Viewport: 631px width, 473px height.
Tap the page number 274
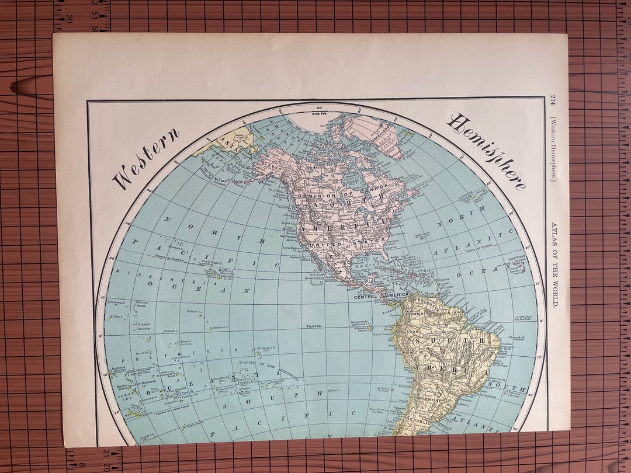pos(553,105)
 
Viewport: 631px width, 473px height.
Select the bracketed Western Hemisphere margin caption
pos(553,148)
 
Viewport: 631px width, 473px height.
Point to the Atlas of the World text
pos(554,263)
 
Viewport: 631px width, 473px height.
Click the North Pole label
pos(320,113)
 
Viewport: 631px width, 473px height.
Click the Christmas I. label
pos(219,328)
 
